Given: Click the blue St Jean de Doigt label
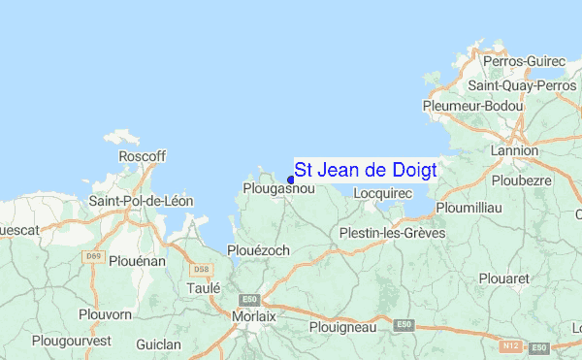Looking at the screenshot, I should pos(365,170).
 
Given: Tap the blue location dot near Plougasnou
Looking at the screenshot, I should pos(291,179).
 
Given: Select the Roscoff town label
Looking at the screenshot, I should pos(142,156).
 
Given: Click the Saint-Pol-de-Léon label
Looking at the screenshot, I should pos(142,201).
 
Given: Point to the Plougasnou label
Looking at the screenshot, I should pos(278,189).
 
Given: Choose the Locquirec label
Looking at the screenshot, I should pos(383,193).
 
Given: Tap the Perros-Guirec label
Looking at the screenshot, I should pos(524,61).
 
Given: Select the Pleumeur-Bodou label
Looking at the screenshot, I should pos(473,106).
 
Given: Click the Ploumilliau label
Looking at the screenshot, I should pos(469,208).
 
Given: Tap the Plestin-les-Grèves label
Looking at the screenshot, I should pos(392,233).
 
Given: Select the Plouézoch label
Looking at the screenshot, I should pos(258,250).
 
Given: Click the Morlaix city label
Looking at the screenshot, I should pos(254,316).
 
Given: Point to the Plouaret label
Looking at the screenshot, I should pos(505,278).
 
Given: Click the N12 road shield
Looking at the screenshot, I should pos(513,344).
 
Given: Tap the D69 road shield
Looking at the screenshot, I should pos(93,256).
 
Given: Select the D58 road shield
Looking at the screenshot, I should pos(202,269).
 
